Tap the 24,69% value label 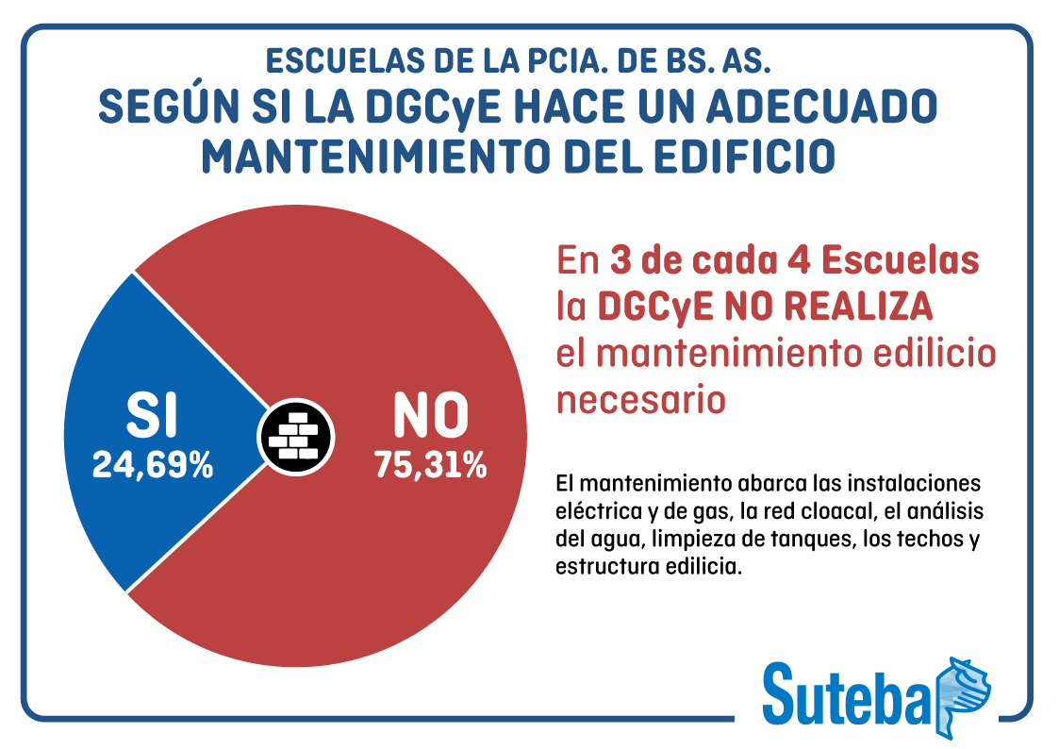coord(152,464)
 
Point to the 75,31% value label coord(430,464)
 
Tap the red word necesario coord(641,399)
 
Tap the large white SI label coord(152,415)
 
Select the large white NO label coord(430,415)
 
